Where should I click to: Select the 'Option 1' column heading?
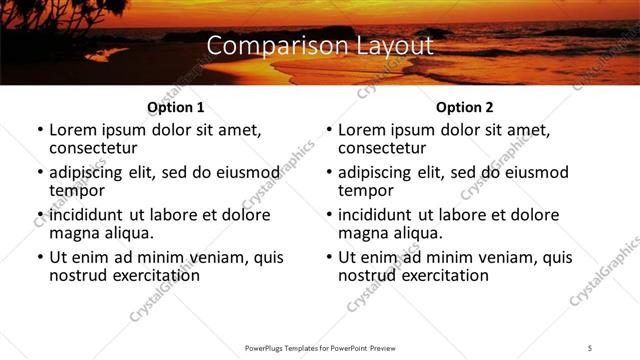pos(175,107)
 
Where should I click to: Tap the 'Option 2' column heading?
pos(464,107)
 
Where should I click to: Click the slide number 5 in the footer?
pos(590,347)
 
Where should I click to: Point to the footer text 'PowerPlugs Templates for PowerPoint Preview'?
pos(320,347)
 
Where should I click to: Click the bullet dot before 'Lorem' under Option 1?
pos(39,131)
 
